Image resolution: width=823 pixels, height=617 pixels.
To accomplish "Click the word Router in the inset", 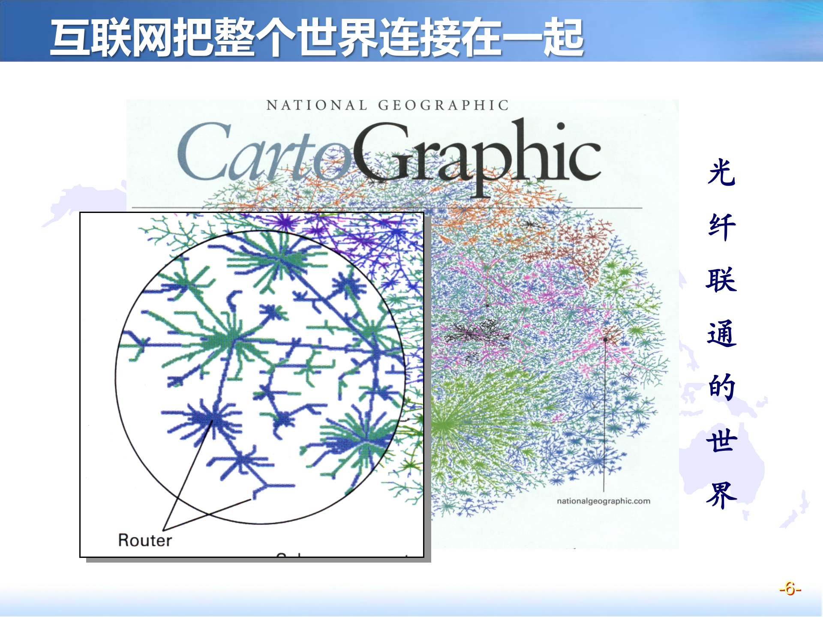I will tap(145, 540).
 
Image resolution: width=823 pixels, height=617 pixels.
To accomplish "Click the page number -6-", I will tap(790, 589).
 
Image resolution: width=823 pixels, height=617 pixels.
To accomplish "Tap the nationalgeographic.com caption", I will tap(603, 501).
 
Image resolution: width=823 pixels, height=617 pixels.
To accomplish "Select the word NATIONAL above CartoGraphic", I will tap(317, 105).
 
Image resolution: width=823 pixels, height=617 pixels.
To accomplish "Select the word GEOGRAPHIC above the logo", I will tap(443, 105).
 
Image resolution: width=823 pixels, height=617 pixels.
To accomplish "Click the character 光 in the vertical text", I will tap(722, 172).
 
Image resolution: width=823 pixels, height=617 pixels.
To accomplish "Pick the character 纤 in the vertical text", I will tap(722, 226).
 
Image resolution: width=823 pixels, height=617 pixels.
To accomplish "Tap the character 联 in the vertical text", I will tap(722, 280).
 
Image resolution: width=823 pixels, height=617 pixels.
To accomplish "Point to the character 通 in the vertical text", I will tap(722, 334).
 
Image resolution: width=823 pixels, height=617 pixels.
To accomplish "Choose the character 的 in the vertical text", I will tap(722, 387).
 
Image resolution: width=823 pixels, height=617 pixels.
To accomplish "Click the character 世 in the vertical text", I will tap(722, 441).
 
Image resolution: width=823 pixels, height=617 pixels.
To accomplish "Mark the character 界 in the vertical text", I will tap(722, 495).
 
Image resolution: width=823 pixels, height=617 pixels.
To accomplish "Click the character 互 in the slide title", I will tap(71, 38).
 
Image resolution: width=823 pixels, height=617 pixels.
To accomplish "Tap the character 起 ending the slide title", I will tap(563, 38).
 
